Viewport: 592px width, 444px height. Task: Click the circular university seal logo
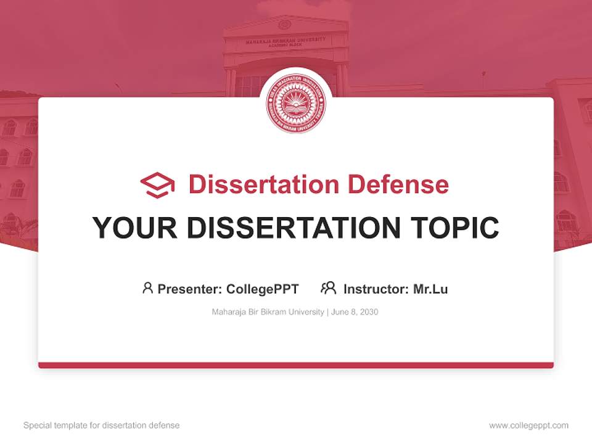click(x=296, y=104)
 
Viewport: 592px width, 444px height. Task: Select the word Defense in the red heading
click(x=397, y=184)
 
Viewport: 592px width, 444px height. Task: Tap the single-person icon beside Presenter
click(x=147, y=288)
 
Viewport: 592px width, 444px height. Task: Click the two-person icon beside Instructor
click(x=329, y=288)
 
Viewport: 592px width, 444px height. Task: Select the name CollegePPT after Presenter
click(x=263, y=289)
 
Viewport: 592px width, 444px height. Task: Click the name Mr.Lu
click(x=430, y=289)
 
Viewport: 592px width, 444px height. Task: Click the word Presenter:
click(x=190, y=289)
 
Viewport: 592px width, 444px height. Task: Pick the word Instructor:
click(x=376, y=289)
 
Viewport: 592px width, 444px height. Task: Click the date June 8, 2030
click(x=355, y=312)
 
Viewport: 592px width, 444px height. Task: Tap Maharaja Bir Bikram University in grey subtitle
click(x=268, y=312)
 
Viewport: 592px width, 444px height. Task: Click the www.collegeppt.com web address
click(x=528, y=425)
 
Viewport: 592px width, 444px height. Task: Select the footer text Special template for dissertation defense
click(x=102, y=425)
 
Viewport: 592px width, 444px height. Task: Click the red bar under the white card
click(x=296, y=365)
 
